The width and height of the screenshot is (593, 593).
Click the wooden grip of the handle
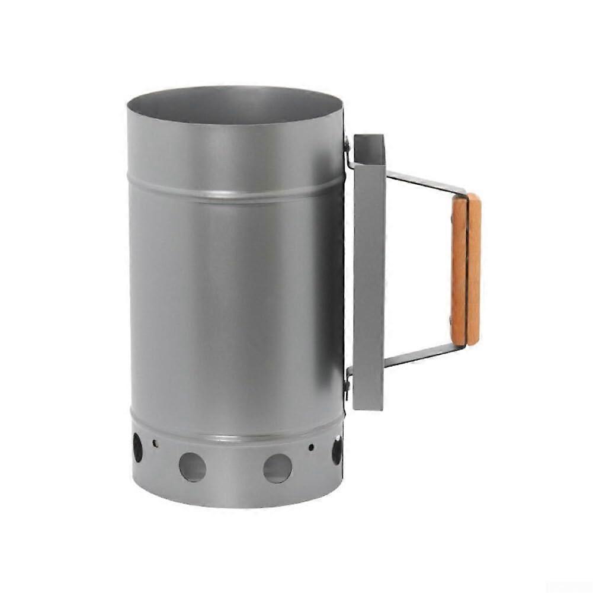pyautogui.click(x=466, y=270)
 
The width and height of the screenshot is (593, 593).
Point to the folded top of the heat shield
pyautogui.click(x=368, y=140)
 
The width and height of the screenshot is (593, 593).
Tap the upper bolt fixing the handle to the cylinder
pyautogui.click(x=348, y=143)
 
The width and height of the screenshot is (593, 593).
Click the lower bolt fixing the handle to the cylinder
pyautogui.click(x=348, y=384)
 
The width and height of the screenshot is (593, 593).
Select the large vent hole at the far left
pyautogui.click(x=137, y=448)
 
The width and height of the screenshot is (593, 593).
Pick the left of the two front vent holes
pyautogui.click(x=193, y=467)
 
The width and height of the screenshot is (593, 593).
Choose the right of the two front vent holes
pyautogui.click(x=277, y=468)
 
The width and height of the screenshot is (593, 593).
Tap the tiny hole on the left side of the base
pyautogui.click(x=155, y=443)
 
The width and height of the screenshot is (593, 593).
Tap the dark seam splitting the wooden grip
pyautogui.click(x=467, y=270)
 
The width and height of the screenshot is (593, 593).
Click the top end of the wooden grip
pyautogui.click(x=466, y=197)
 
